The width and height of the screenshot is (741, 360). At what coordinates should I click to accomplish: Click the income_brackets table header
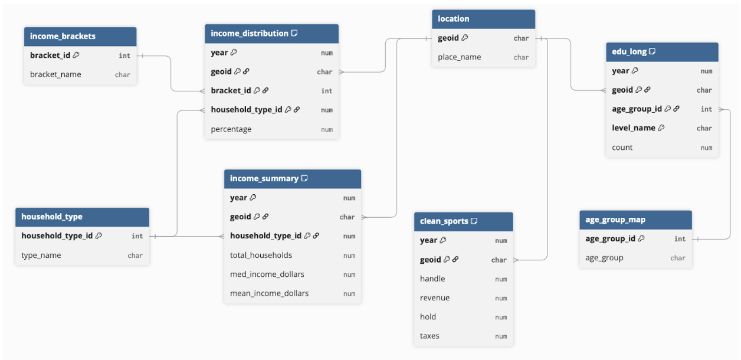point(80,37)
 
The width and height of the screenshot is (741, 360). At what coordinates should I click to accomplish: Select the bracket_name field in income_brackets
point(55,74)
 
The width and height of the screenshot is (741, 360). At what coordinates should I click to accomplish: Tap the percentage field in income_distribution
point(231,129)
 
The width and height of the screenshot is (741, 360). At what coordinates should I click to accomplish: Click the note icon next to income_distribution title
point(294,33)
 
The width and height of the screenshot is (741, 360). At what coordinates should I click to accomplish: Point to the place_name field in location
point(459,57)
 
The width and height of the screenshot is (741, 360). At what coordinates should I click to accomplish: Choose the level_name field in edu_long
point(634,128)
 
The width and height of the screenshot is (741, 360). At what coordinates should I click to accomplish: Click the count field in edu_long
point(622,147)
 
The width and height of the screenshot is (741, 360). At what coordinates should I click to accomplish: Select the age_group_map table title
point(615,220)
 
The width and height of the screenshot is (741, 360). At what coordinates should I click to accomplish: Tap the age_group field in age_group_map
point(604,258)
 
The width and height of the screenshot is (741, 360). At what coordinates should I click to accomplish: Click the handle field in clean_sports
point(432,279)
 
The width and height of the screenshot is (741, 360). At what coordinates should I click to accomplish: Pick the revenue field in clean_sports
point(435,298)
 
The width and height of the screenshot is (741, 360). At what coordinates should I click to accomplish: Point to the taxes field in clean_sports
point(429,336)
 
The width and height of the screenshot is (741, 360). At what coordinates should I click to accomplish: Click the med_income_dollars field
point(267,274)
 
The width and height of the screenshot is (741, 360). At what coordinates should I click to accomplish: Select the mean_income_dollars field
point(269,293)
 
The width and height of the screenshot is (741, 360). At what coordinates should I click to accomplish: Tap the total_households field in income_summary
point(261,255)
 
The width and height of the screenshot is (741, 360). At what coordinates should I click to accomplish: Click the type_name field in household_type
point(41,256)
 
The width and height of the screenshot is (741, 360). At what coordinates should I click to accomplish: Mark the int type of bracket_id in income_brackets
point(124,55)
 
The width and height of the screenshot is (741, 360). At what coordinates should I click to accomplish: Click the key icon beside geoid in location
point(465,38)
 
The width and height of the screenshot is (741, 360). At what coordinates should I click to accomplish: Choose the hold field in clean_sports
point(428,317)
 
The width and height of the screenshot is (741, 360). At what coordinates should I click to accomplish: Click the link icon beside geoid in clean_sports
point(455,260)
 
